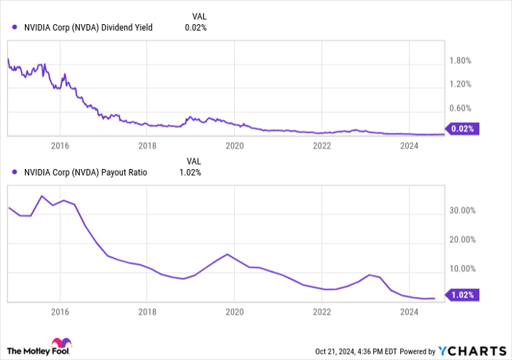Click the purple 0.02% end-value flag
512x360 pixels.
point(463,130)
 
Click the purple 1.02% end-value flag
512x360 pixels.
point(463,295)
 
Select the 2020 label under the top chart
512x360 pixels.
point(234,146)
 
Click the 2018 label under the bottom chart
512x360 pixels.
point(147,312)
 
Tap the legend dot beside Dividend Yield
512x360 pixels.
point(15,28)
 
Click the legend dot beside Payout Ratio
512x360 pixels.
point(15,173)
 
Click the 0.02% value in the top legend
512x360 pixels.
point(195,28)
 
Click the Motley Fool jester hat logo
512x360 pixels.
point(60,344)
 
